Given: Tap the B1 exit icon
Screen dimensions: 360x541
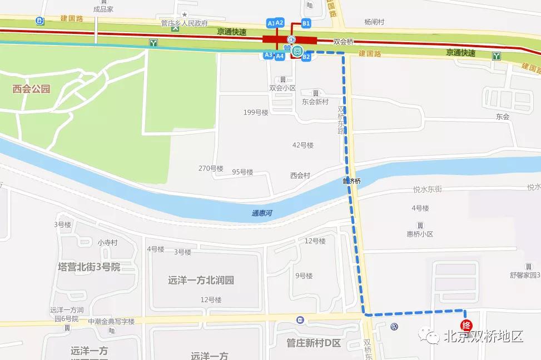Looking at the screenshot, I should pos(306,23).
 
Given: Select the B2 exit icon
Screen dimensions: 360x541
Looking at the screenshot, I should pos(306,57).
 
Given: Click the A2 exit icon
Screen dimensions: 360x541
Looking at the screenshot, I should pos(280,23).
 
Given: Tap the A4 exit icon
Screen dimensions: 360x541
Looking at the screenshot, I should pos(280,56).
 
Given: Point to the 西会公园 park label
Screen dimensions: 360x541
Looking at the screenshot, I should pos(32,88).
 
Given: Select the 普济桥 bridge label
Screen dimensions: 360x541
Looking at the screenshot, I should pos(351,181).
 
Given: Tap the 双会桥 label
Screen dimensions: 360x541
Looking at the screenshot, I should pos(344,42).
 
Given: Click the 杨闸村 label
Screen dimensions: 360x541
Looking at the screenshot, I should pos(374,22).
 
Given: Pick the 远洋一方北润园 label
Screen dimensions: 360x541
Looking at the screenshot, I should pos(201,280).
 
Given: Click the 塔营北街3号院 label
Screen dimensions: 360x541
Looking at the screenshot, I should pos(89,267).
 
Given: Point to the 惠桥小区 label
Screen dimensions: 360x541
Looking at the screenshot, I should pos(420,234).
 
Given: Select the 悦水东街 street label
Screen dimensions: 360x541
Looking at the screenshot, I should pos(428,189).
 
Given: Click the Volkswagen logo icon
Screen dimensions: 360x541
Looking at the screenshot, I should pos(395,327).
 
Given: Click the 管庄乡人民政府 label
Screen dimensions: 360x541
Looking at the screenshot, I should pos(184,23).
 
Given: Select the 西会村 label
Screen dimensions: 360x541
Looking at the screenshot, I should pos(300,176).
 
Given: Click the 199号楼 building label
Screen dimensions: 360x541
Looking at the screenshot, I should pos(256,113).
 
